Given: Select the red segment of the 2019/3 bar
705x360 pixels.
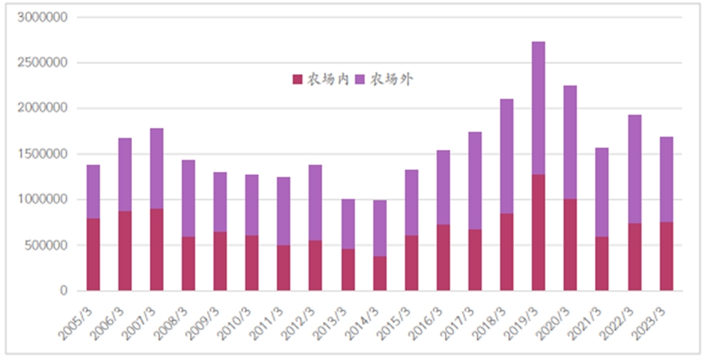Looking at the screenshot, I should (x=539, y=232).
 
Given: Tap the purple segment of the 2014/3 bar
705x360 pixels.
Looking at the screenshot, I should (x=380, y=228).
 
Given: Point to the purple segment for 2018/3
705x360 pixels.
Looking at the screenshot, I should (x=507, y=156).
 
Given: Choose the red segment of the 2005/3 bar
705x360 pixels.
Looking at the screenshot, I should (x=93, y=254).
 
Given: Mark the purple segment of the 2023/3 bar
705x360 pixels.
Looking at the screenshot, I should (x=667, y=179).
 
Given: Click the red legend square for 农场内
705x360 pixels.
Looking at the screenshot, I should (x=297, y=79).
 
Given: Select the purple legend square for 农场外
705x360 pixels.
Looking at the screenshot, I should (x=362, y=79).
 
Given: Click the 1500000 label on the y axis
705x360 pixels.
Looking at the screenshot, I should (x=45, y=154).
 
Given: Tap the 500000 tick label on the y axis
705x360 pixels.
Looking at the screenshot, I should (x=47, y=245).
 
